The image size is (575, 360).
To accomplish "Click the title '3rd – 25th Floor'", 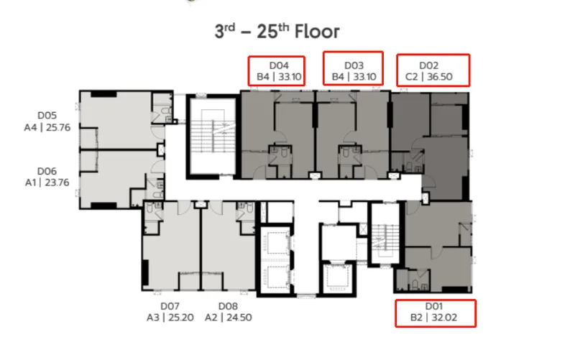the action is coord(277,31).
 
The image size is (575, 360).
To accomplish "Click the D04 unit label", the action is coord(279,65).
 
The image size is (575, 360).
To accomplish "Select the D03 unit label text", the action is coord(354,65).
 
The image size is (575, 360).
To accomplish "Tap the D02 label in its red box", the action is coord(428,65).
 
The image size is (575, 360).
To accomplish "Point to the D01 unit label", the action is coord(434,306).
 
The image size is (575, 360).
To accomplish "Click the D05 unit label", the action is coord(47,116).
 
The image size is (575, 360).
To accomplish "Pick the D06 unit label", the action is coord(47,171).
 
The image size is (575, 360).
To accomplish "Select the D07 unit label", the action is coord(170,306).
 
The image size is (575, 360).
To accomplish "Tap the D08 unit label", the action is coord(228,306).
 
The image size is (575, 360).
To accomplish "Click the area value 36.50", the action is coord(440,77).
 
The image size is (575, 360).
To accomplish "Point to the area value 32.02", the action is coord(444,318).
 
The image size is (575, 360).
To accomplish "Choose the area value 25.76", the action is coord(58,128).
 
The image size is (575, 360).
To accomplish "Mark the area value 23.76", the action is coord(57,183).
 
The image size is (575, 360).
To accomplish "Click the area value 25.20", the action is coord(181,318).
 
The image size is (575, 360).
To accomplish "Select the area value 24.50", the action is coord(239,318).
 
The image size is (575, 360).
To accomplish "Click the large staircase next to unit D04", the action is coord(213,136).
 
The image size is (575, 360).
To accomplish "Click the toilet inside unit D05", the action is coord(165,111).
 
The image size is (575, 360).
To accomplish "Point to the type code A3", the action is coord(153,318).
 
